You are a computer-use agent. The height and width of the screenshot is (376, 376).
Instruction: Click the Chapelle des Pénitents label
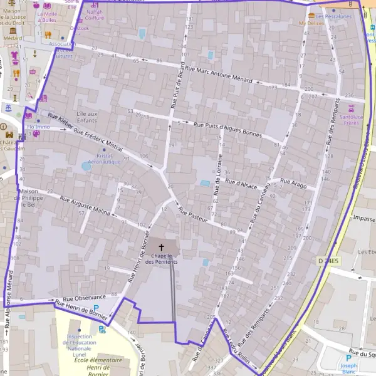click(161, 258)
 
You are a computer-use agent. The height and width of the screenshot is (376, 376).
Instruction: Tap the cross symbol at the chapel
click(161, 248)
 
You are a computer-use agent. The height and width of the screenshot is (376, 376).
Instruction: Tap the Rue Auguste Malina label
click(85, 206)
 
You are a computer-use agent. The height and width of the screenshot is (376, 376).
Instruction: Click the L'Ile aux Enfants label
click(87, 117)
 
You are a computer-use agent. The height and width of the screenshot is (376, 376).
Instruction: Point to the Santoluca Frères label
click(355, 119)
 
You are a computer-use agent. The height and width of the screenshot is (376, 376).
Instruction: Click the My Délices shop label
click(311, 23)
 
